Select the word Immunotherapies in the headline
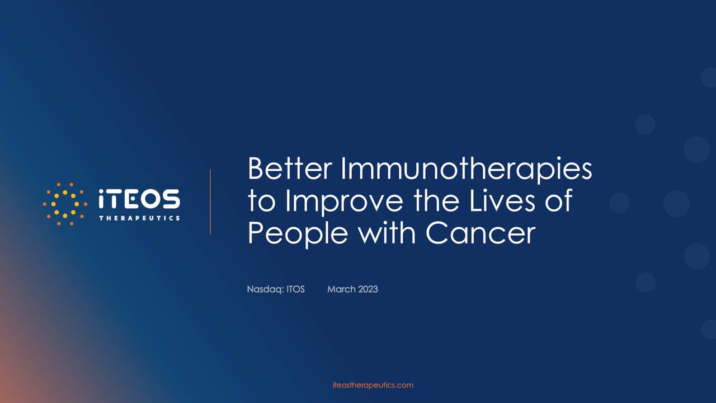[467, 170]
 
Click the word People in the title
[298, 233]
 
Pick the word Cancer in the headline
[481, 233]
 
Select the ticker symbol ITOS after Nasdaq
[295, 289]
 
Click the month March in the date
[341, 289]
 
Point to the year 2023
[368, 289]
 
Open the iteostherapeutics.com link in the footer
[373, 385]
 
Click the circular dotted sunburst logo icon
[65, 204]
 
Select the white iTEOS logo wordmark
[139, 199]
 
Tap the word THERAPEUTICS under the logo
[139, 218]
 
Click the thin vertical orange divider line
[210, 201]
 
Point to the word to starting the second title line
[261, 201]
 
